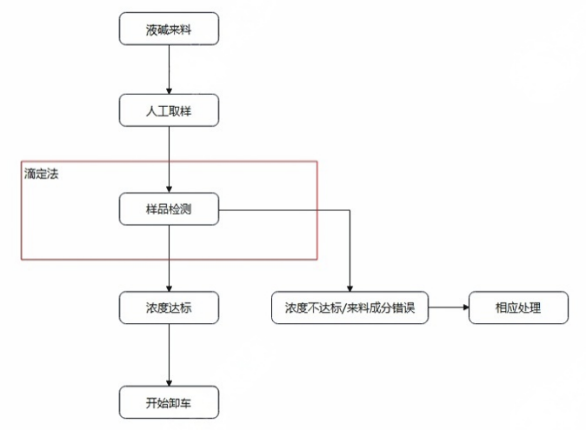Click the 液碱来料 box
coord(169,30)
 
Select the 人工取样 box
coord(169,110)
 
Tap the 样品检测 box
coord(169,209)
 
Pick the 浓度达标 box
coord(169,308)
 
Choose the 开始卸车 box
coord(169,403)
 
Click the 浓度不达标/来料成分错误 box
coord(350,308)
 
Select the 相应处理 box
coord(518,308)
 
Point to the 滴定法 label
coord(41,174)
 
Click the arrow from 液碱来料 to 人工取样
coord(169,69)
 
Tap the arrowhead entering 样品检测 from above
coord(169,189)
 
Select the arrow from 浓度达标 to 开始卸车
coord(169,355)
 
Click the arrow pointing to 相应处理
coord(448,308)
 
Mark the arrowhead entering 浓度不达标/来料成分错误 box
coord(350,288)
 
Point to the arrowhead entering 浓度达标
coord(169,288)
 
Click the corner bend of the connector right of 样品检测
coord(350,209)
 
